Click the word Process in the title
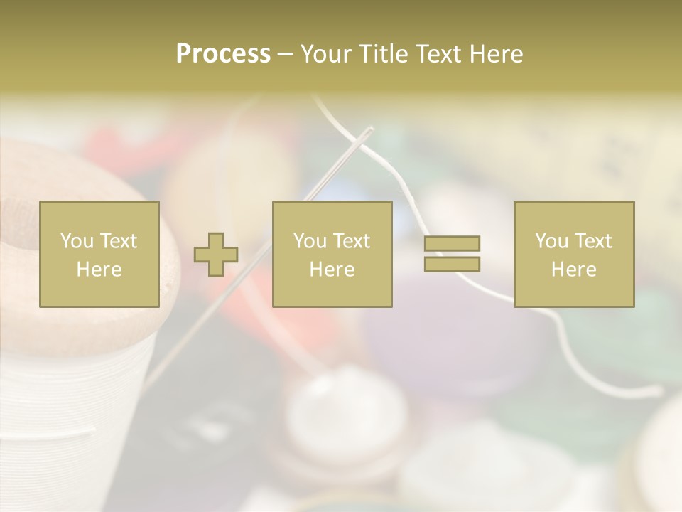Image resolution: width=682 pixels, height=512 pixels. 223,54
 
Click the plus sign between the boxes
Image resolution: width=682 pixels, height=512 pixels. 216,255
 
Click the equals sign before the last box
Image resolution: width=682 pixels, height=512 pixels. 452,254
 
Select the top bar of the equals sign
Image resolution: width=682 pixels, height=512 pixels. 452,244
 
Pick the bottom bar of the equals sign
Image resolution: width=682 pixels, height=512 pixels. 452,264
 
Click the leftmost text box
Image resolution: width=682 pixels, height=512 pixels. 99,254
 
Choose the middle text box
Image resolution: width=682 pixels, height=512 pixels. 332,254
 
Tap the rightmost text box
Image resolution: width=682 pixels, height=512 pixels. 573,254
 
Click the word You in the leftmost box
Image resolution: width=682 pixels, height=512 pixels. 75,241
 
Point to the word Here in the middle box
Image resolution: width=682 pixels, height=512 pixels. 332,270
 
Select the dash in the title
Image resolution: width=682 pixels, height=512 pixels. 286,54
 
